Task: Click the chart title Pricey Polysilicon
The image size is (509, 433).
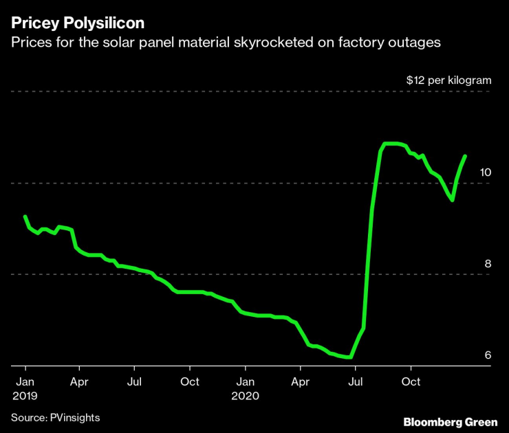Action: tap(77, 23)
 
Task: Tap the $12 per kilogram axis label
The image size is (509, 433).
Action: tap(448, 80)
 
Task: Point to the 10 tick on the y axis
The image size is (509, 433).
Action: tap(486, 172)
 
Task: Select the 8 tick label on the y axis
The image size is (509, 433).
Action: tap(488, 263)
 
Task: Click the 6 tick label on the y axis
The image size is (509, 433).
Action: tap(488, 355)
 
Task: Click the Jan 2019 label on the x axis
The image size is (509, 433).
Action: tap(24, 388)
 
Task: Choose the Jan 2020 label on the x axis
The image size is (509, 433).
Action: tap(245, 388)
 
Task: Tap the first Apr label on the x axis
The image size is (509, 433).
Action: tap(79, 381)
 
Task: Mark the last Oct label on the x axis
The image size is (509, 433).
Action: tap(411, 381)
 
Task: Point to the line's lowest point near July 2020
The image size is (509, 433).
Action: tap(351, 357)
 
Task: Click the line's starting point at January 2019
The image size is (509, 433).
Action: tap(25, 216)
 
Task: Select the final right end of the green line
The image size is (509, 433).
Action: tap(465, 156)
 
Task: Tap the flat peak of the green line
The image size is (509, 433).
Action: tap(392, 144)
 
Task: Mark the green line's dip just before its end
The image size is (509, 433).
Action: tap(452, 200)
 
